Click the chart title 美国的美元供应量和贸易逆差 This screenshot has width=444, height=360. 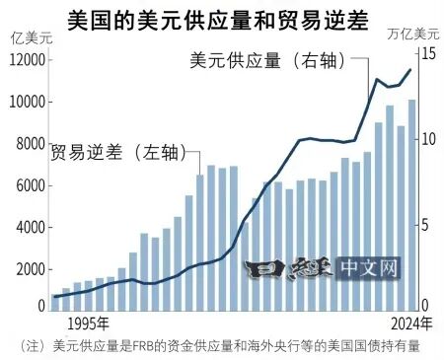click(x=222, y=18)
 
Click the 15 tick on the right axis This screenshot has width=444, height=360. click(x=427, y=54)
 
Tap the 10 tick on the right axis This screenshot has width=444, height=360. click(x=427, y=139)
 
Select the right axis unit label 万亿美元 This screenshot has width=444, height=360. click(x=412, y=36)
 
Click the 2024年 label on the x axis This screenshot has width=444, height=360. click(x=410, y=323)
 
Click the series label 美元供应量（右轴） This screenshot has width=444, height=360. click(x=267, y=60)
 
